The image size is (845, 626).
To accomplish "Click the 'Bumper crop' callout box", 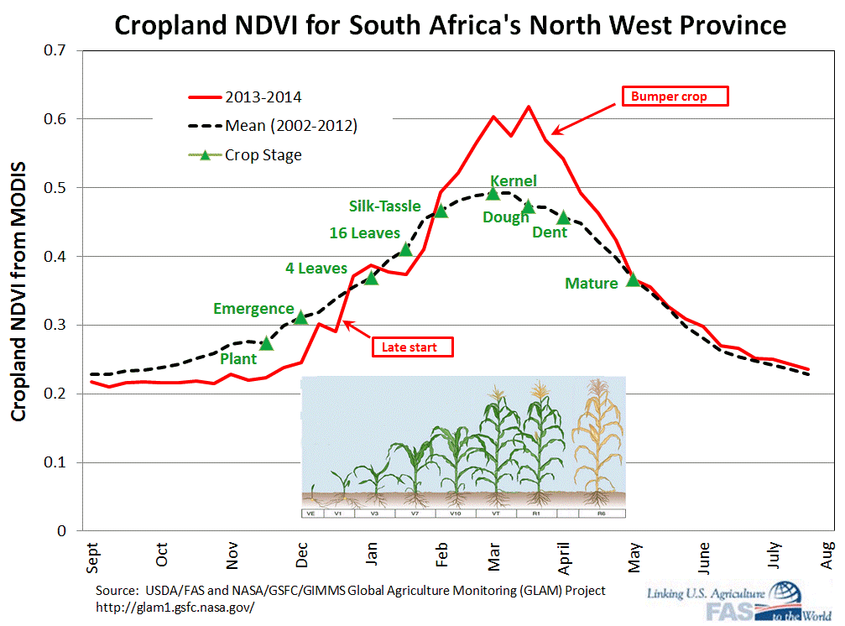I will [675, 96].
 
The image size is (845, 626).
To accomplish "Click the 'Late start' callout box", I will [411, 346].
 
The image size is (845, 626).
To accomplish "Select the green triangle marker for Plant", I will [267, 343].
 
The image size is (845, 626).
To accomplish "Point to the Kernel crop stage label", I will [513, 180].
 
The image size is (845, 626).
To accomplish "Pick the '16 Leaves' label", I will [364, 233].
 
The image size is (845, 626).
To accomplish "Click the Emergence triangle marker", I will [301, 317].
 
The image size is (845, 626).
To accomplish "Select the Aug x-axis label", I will [826, 559].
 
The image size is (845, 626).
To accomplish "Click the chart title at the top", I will [450, 25].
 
